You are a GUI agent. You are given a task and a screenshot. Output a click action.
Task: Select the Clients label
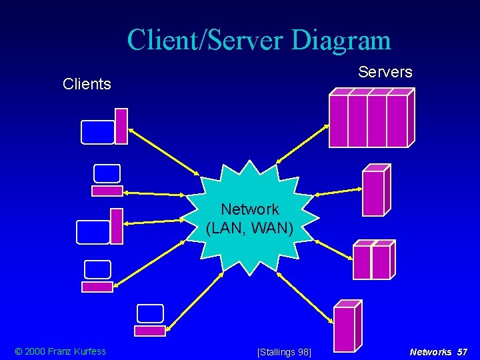[x=87, y=85]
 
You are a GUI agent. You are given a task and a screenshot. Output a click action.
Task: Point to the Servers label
[x=385, y=72]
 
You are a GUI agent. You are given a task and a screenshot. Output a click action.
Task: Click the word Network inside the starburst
[x=250, y=210]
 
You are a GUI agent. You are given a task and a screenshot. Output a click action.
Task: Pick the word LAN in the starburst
[x=230, y=228]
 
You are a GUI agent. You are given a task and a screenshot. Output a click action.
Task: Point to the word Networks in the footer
[x=431, y=351]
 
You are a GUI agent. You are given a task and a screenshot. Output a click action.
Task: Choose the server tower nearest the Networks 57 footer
[x=347, y=326]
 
